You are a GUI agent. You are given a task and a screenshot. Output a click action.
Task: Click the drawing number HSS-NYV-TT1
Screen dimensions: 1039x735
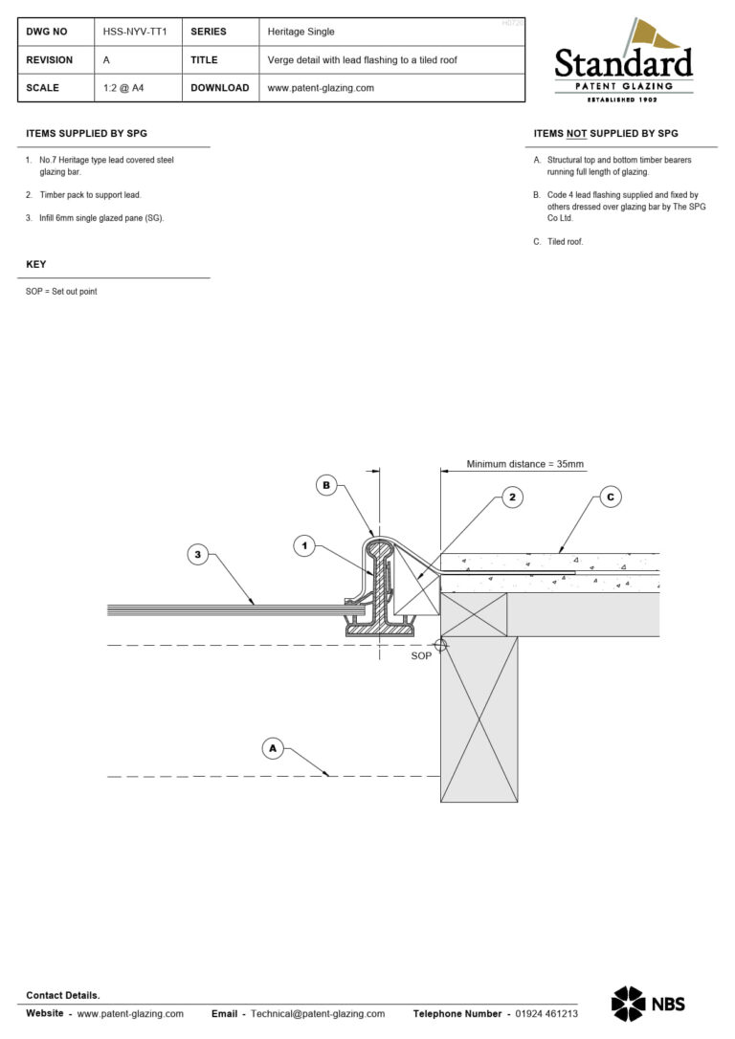(135, 32)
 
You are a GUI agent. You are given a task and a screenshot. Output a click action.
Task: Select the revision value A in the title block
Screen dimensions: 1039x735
(106, 59)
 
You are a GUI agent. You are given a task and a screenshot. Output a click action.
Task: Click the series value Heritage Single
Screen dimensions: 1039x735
(301, 32)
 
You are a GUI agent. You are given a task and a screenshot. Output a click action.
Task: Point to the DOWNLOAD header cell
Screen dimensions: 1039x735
(219, 88)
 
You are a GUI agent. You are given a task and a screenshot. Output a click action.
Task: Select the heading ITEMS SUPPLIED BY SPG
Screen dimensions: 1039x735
(86, 134)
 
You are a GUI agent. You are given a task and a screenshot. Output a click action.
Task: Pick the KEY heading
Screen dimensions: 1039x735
(35, 264)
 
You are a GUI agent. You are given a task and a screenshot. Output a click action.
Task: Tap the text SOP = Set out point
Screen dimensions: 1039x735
(61, 291)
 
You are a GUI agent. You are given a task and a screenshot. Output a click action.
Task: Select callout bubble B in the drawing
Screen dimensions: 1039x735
(326, 486)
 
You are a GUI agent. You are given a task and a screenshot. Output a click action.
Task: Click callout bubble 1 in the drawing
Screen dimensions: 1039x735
(303, 545)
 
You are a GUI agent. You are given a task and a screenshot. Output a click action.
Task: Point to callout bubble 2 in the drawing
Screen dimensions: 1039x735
(512, 497)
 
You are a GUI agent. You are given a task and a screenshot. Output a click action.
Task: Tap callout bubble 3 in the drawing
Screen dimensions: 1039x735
(196, 554)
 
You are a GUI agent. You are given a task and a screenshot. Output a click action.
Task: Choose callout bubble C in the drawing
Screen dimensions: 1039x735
(610, 497)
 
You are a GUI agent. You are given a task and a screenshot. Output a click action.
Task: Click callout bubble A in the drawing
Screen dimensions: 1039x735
(273, 748)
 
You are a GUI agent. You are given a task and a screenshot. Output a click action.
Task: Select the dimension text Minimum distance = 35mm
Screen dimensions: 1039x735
(524, 464)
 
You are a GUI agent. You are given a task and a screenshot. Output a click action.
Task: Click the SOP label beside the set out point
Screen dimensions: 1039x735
(421, 656)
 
